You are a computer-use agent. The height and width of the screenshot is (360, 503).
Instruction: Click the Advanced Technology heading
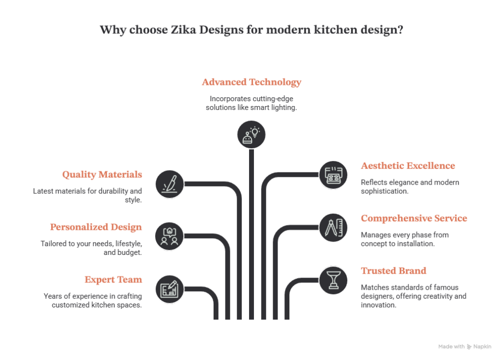point(251,83)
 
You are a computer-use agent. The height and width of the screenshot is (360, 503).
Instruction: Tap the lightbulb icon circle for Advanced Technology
point(251,135)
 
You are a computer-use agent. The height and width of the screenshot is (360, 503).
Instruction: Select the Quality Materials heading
point(102,174)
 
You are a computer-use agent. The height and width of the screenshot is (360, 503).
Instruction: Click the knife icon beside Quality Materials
point(169,184)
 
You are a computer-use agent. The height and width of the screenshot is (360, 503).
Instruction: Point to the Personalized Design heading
point(96,227)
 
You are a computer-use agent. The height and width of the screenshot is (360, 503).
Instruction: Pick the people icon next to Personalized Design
point(169,236)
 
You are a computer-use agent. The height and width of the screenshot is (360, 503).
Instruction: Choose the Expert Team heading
point(113,280)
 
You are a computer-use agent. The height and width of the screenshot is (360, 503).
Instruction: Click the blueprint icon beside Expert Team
point(169,289)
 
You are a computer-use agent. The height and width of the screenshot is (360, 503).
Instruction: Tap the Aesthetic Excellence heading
point(408,166)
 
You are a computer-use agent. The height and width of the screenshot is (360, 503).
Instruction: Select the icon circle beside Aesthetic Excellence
point(334,175)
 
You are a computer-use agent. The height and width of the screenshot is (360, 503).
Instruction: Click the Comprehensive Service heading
point(414,219)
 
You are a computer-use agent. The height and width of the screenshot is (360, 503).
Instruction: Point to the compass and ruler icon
point(334,228)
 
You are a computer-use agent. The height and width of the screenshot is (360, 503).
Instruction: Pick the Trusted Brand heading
point(393,271)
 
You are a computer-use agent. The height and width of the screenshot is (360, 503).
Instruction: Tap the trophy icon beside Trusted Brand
point(334,280)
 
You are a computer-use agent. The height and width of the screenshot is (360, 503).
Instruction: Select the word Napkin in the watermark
point(482,347)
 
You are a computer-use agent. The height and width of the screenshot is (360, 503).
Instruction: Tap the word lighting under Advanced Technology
point(283,108)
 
